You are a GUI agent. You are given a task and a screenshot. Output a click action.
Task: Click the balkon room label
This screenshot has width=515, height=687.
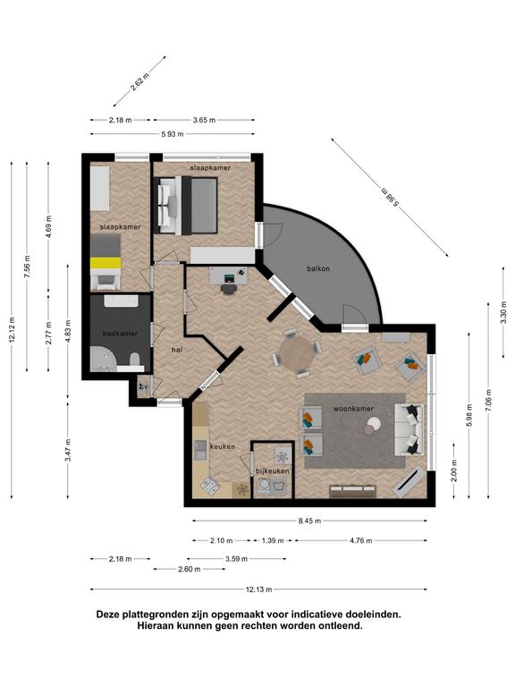click(318, 268)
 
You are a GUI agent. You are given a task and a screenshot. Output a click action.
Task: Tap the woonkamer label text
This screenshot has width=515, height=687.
click(353, 409)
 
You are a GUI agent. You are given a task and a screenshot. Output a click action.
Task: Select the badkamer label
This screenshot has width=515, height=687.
click(120, 334)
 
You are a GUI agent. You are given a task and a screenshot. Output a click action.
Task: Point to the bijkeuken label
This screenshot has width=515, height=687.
click(273, 471)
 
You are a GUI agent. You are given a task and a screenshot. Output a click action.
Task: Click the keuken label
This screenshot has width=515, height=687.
click(223, 447)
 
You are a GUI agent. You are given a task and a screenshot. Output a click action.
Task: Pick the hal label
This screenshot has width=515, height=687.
click(177, 350)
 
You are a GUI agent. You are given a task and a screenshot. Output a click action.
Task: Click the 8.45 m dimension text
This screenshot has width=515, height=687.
click(309, 521)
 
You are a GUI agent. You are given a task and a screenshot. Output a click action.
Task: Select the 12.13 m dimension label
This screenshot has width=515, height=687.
click(258, 589)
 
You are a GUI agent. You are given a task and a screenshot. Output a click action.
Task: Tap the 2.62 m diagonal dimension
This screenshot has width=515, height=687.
click(139, 81)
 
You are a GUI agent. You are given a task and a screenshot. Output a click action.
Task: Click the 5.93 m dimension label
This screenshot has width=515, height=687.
click(172, 134)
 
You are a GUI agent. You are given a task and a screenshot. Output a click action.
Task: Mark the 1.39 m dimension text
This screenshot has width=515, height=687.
click(273, 540)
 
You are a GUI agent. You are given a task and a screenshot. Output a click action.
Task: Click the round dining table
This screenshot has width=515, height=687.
click(297, 353)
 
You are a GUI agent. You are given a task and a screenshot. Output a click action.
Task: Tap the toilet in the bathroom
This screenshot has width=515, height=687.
click(135, 360)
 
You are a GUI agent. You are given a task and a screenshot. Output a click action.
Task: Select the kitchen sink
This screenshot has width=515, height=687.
click(201, 450)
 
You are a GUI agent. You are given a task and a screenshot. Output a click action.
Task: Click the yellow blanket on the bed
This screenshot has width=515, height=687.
click(106, 263)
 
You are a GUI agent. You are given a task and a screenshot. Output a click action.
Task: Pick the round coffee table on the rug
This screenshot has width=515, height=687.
click(374, 425)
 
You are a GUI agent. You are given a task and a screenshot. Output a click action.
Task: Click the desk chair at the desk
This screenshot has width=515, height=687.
click(228, 290)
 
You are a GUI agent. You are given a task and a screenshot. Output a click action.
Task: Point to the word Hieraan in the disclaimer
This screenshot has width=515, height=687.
click(156, 625)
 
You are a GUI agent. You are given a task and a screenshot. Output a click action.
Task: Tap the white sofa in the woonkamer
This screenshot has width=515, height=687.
click(409, 429)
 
